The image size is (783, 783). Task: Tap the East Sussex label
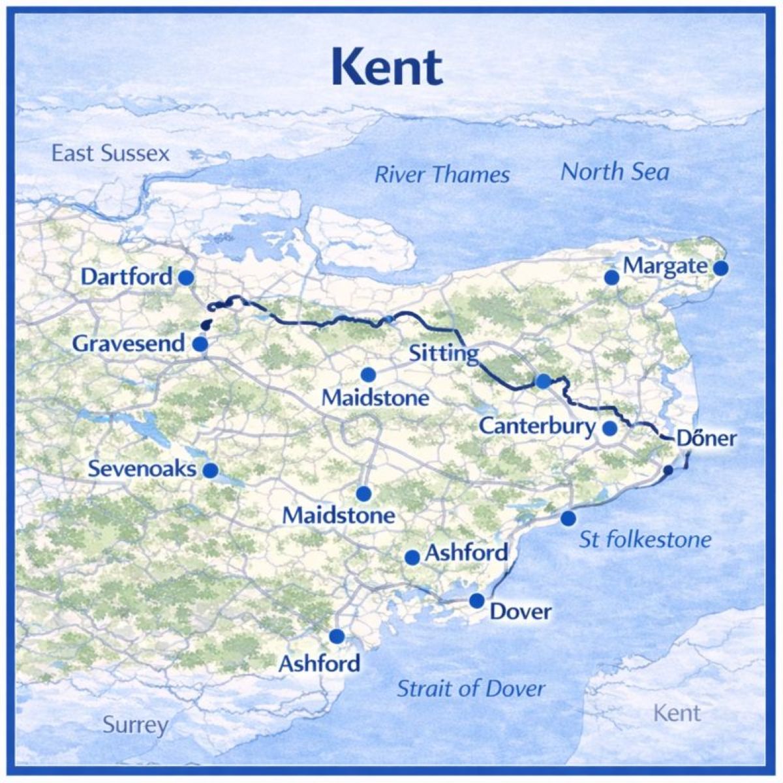click(110, 154)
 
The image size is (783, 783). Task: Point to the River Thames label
click(442, 175)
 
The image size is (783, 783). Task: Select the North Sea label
click(615, 172)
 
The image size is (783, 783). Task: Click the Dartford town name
click(127, 277)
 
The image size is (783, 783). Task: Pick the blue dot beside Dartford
click(186, 277)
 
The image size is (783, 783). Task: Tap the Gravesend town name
click(129, 343)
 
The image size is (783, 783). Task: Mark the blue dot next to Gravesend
click(200, 344)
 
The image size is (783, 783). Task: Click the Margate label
click(665, 266)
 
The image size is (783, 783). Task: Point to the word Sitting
click(443, 354)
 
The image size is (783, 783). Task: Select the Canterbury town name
click(537, 427)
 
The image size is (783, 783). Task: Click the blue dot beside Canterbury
click(609, 429)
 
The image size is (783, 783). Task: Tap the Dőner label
click(706, 438)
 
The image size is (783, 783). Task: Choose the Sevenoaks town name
click(142, 468)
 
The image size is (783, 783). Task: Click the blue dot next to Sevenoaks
click(210, 470)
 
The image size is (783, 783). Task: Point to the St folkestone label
click(645, 540)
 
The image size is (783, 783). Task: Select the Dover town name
click(520, 612)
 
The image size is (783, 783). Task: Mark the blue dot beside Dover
click(477, 600)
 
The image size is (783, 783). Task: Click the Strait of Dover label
click(470, 688)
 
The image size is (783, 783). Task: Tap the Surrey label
click(135, 725)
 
